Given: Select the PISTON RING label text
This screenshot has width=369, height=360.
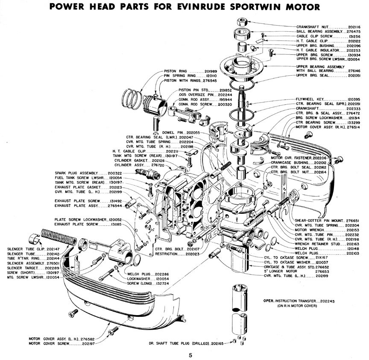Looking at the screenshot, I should click(176, 71).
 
